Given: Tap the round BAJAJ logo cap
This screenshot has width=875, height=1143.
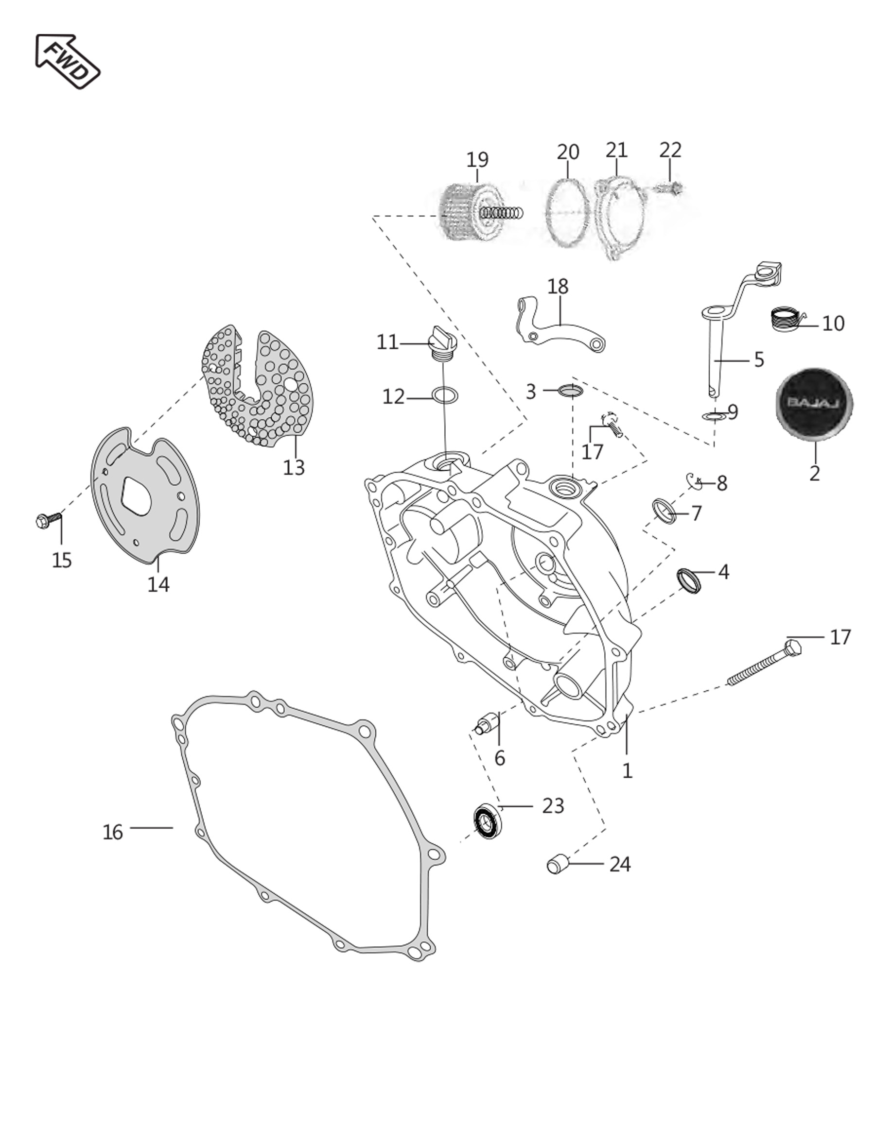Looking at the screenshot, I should coord(814,403).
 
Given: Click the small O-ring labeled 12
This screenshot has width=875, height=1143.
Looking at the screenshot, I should coord(445,395).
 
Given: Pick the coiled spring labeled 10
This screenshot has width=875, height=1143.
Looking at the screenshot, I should coord(785,319).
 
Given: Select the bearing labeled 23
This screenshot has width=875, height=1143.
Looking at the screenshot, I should coord(489,821).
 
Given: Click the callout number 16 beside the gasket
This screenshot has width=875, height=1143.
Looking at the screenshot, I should coord(112,832).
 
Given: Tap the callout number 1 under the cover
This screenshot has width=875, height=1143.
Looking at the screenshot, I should coord(627,770).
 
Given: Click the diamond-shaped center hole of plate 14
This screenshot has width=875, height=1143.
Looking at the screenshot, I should coord(137,495).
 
